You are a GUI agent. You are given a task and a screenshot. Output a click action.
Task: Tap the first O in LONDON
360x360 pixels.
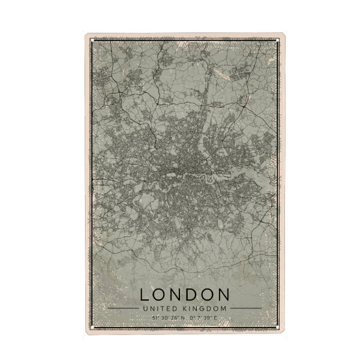pyautogui.click(x=161, y=295)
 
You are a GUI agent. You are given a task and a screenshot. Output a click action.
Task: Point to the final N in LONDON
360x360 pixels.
pyautogui.click(x=223, y=295)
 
